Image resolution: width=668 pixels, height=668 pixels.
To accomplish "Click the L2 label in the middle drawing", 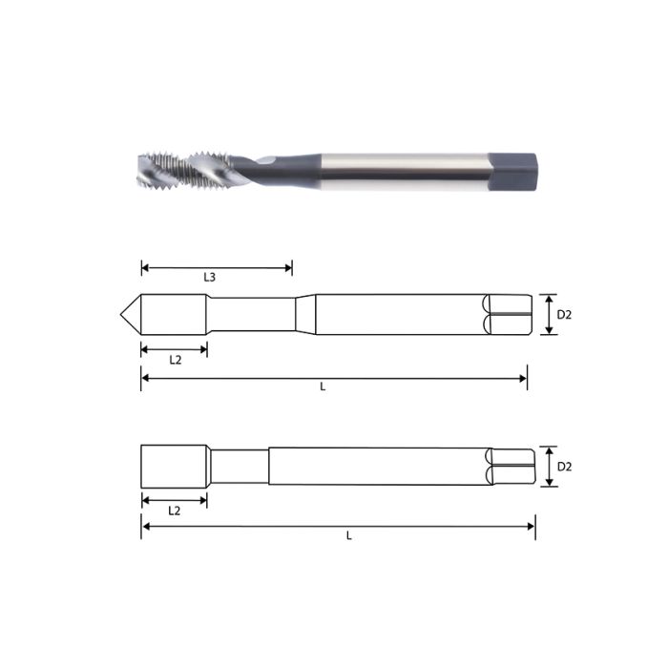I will point(175,361).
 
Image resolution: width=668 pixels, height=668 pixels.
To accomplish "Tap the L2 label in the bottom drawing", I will point(175,511).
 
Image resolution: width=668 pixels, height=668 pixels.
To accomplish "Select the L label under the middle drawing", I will point(323,387).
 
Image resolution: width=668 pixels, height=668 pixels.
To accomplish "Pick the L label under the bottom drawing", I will point(348,536).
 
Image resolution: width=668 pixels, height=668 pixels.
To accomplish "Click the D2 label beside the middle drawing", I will point(564,315).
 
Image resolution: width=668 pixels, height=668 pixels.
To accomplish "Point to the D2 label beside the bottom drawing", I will point(564,467).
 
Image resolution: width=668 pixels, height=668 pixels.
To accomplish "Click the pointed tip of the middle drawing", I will point(125,314).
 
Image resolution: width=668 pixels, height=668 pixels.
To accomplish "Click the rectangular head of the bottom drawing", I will point(175,466).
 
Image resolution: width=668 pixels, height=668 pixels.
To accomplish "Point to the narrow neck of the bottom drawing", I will point(239,467).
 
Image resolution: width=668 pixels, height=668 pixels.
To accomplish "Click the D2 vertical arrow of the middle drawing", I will point(549,314).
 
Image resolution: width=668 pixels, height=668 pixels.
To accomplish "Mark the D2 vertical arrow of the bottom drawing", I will point(549,467).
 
